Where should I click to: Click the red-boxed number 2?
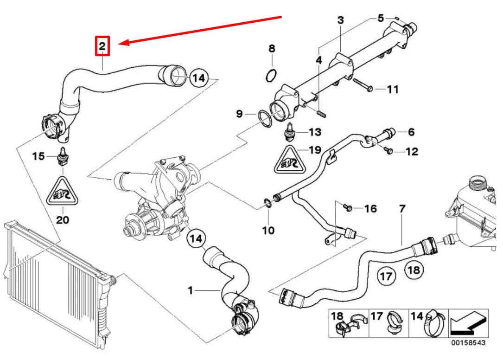coord(102,46)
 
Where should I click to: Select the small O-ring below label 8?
coord(273,75)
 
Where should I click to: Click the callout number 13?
coord(315,133)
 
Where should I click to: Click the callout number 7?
coord(402,209)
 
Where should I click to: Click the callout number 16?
coord(370,209)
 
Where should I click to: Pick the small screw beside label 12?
coord(388,151)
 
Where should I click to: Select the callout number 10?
coord(269,230)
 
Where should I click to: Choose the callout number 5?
coord(381,19)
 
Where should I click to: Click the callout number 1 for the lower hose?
coord(190,290)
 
